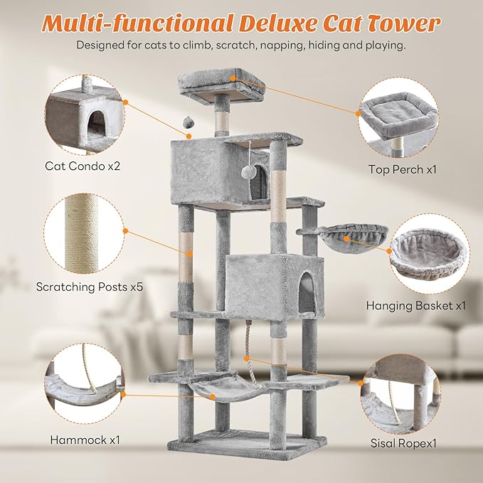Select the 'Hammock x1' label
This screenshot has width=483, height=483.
84,440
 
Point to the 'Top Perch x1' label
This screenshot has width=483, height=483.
402,169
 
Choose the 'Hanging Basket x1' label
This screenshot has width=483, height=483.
405,305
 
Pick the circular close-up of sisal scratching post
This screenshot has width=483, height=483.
83,234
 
